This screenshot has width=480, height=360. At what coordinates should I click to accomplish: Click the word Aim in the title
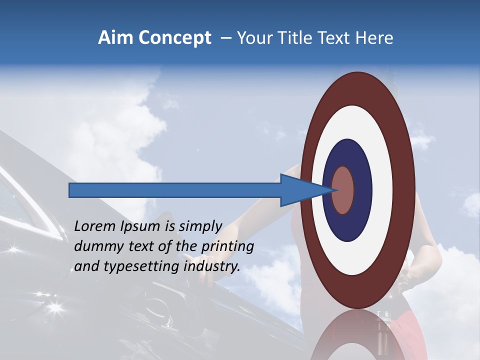pos(116,38)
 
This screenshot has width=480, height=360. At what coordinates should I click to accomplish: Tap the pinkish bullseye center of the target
pos(343,190)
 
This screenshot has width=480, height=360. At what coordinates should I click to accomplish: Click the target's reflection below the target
pos(358,337)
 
